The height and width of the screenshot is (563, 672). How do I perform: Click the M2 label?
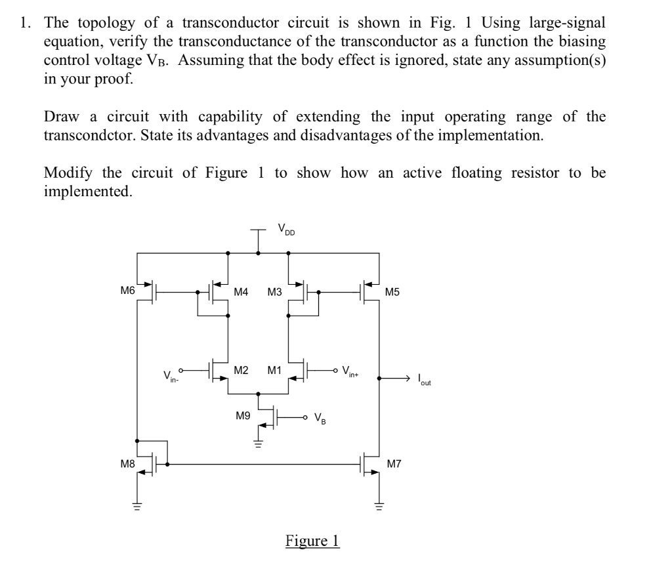click(241, 370)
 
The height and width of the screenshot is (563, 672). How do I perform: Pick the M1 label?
click(274, 370)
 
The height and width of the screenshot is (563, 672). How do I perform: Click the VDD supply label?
click(286, 230)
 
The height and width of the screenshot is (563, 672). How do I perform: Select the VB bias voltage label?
click(320, 417)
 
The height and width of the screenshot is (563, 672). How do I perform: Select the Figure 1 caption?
click(312, 540)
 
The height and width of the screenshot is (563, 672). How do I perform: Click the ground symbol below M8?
click(138, 506)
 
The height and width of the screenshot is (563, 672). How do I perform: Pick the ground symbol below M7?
click(379, 506)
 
